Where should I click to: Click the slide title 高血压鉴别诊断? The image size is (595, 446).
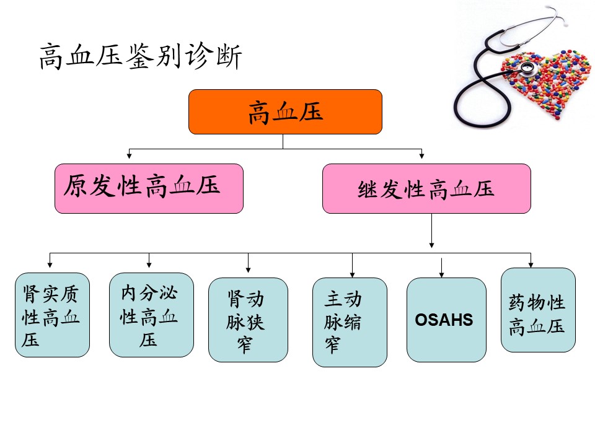tap(141, 56)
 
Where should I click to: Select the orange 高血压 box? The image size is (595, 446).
tap(285, 112)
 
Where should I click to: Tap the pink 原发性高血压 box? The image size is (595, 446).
tap(149, 188)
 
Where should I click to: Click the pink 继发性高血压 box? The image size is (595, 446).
tap(426, 188)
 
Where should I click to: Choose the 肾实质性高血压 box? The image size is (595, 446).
tap(52, 315)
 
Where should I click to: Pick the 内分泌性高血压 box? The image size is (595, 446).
tap(151, 315)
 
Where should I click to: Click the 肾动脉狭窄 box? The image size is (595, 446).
tap(248, 320)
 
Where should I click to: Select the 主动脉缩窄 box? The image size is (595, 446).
tap(350, 322)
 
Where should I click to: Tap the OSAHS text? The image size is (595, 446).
tap(444, 320)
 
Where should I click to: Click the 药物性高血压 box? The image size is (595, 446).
tap(538, 310)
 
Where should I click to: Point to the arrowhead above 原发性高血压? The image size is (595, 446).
tap(130, 155)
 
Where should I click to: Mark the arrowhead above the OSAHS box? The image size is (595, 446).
tap(441, 274)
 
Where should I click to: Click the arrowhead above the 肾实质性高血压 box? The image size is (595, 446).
tap(50, 265)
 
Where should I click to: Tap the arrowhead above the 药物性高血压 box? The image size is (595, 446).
tap(531, 265)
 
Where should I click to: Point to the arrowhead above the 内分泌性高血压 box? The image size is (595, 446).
tap(149, 265)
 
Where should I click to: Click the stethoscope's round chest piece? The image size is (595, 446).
tap(527, 69)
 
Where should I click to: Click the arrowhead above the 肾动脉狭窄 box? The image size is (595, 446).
tap(248, 269)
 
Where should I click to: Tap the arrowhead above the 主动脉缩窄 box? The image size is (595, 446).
tap(352, 274)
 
